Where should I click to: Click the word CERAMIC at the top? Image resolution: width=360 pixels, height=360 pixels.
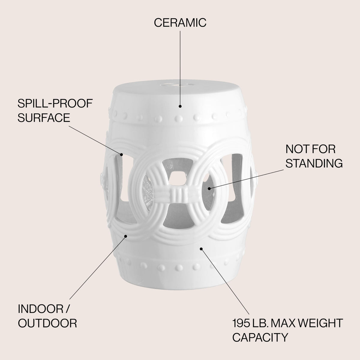coord(180,22)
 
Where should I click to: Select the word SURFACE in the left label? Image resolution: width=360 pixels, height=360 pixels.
coord(44,118)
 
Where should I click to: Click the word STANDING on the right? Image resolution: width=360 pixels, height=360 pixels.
coord(314,163)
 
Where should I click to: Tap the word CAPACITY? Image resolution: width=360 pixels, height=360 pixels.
coord(260,337)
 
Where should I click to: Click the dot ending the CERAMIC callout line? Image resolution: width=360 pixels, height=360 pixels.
coord(180,106)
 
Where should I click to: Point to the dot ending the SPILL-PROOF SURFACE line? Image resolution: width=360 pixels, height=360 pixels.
coord(121,154)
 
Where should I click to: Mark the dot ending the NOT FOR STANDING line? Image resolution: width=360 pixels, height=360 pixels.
coord(209,188)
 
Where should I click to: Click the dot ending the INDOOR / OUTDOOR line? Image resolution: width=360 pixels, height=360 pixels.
coord(126,236)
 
